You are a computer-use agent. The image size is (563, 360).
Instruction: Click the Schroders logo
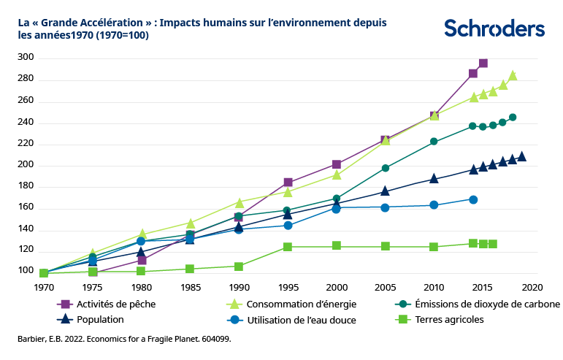494,28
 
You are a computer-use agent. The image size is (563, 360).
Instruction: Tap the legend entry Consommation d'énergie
288,304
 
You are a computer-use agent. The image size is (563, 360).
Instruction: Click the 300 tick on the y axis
26,58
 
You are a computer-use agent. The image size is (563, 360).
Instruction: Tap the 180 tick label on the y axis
26,187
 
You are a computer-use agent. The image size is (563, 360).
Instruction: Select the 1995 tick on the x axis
288,286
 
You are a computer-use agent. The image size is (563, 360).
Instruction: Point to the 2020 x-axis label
531,286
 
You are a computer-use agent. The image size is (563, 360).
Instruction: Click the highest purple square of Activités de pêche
483,64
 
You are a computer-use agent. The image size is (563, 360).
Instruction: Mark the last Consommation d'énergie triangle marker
513,75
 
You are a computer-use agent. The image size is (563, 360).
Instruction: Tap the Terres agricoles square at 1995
288,247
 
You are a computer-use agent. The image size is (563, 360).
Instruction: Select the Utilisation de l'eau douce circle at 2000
337,209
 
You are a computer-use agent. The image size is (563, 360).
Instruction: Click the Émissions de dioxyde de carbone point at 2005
386,168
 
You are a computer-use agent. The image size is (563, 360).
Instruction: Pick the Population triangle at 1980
142,252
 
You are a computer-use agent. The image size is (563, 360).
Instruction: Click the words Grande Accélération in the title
92,23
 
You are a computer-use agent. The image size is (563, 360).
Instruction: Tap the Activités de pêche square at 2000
337,164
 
